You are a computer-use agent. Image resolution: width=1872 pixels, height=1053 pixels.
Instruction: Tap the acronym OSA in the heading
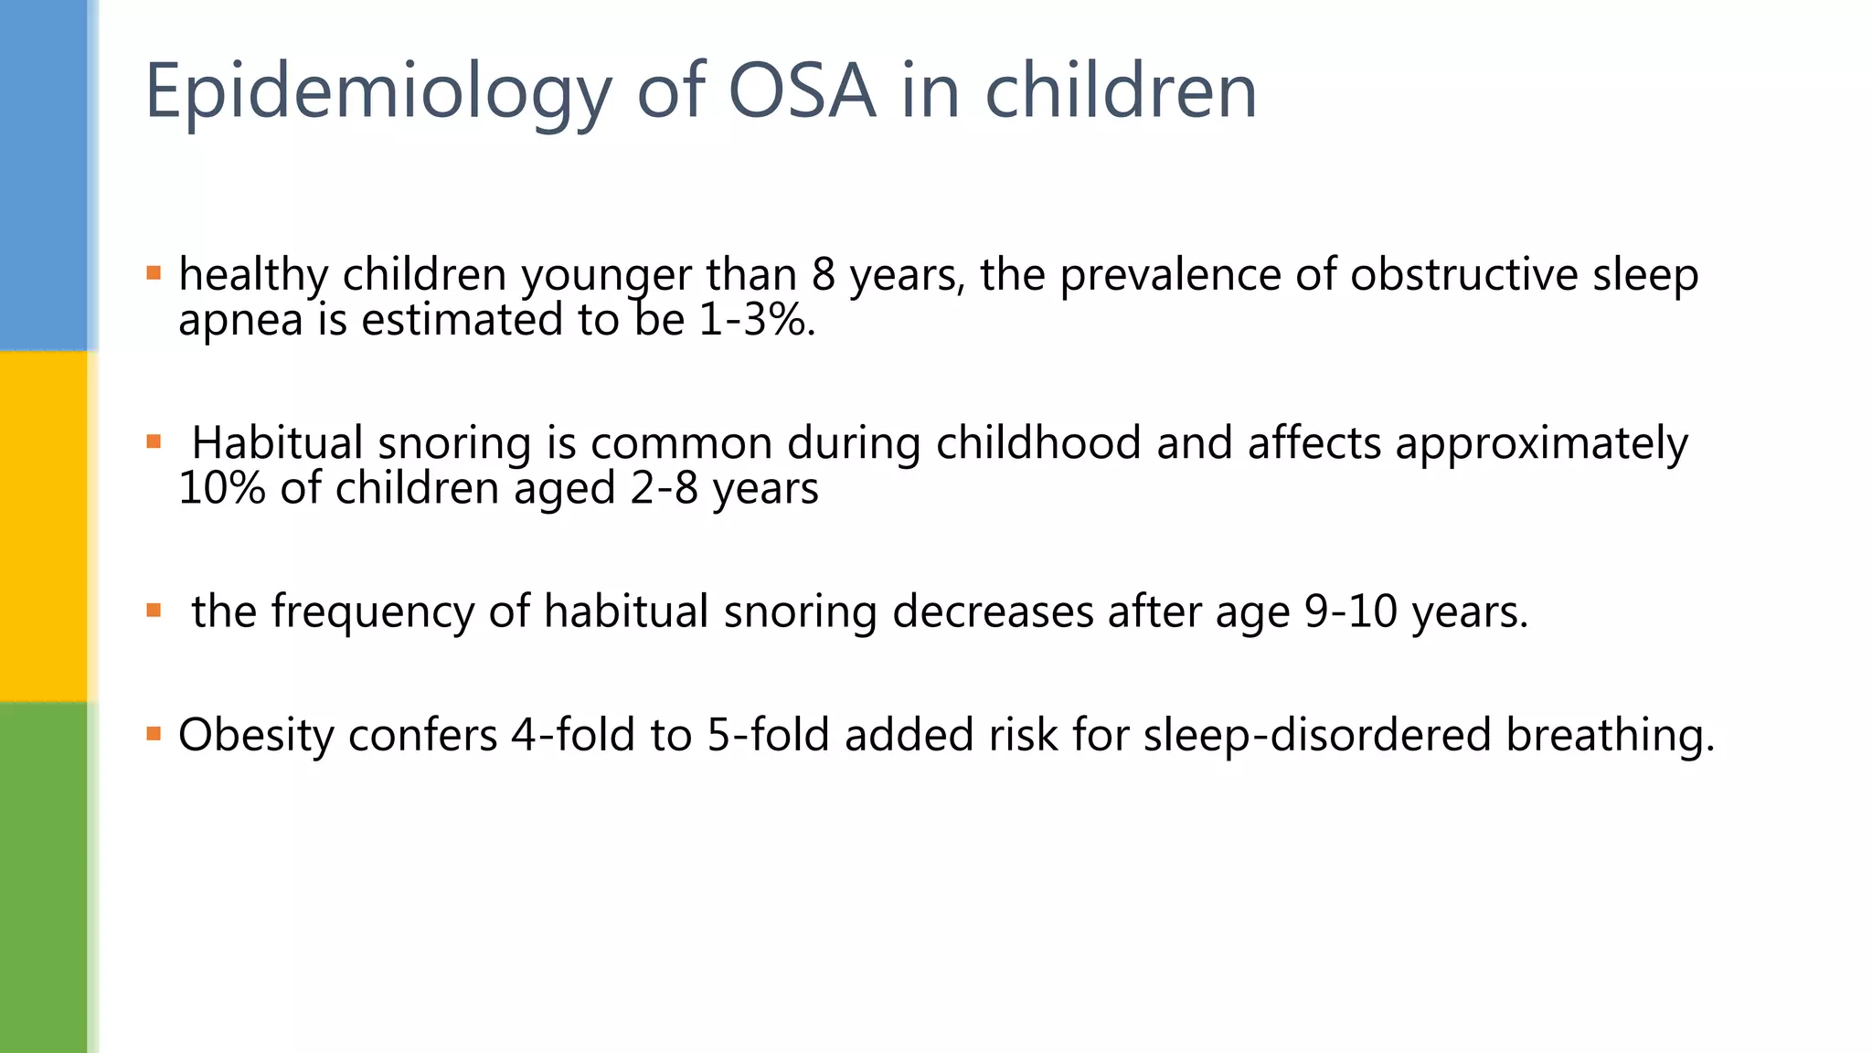801,90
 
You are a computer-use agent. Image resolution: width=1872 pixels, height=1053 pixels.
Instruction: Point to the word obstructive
1463,274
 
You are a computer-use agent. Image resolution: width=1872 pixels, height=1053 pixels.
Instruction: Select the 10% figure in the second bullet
221,488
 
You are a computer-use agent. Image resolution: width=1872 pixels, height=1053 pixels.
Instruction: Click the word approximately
1541,443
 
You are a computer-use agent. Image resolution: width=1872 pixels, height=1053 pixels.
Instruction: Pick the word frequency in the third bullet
373,612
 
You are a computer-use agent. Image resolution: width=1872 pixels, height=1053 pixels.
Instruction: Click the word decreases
993,612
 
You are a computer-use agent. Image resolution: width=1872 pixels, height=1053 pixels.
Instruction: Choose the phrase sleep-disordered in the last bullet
1316,735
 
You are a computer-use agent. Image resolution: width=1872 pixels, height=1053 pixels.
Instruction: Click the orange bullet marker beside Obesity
154,733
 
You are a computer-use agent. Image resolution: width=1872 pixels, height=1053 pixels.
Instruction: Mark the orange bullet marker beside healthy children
154,272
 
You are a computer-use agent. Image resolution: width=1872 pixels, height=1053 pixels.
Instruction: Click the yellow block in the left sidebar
43,526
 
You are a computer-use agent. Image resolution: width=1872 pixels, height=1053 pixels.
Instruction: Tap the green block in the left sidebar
43,877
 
